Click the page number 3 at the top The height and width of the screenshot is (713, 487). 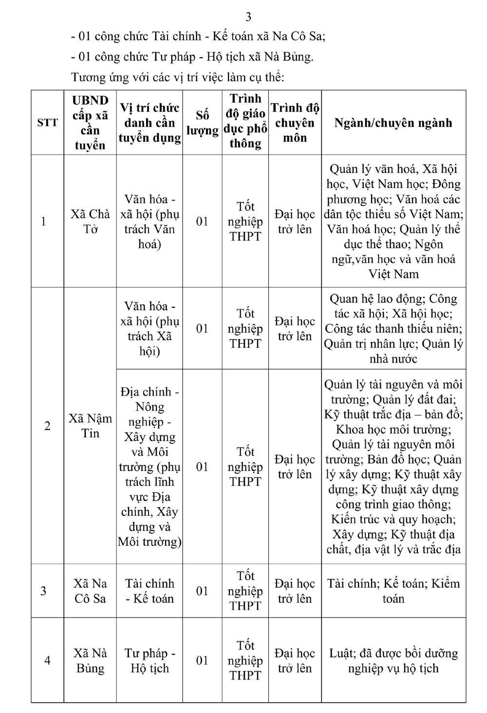coord(248,17)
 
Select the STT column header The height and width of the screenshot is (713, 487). coord(47,123)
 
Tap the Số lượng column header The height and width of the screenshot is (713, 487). coord(202,123)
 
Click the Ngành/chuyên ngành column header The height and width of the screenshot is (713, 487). coord(393,123)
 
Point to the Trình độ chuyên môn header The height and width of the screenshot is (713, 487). coord(295,123)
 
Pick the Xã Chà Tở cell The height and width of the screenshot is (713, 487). coord(90,222)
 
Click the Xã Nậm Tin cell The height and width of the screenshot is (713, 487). coord(90,426)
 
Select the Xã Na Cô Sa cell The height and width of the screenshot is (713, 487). coord(90,591)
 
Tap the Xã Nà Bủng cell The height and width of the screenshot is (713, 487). coord(90,660)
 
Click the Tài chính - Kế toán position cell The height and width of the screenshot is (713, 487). coord(150,591)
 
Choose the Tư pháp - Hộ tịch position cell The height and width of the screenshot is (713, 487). coord(150,660)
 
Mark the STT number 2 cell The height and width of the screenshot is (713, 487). coord(47,426)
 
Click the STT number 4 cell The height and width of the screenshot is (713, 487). coord(47,660)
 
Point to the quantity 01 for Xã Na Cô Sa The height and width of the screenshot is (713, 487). coord(202,591)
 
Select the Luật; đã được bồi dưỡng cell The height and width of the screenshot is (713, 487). coord(393,660)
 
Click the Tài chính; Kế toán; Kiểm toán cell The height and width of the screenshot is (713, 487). coord(393,591)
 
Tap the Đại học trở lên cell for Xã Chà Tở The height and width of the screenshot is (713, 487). coord(295,222)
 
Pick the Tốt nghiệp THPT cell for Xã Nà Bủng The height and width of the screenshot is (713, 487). coord(245,660)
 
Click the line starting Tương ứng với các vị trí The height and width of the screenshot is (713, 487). coord(178,77)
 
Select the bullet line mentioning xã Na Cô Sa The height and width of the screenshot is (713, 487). coord(198,36)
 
